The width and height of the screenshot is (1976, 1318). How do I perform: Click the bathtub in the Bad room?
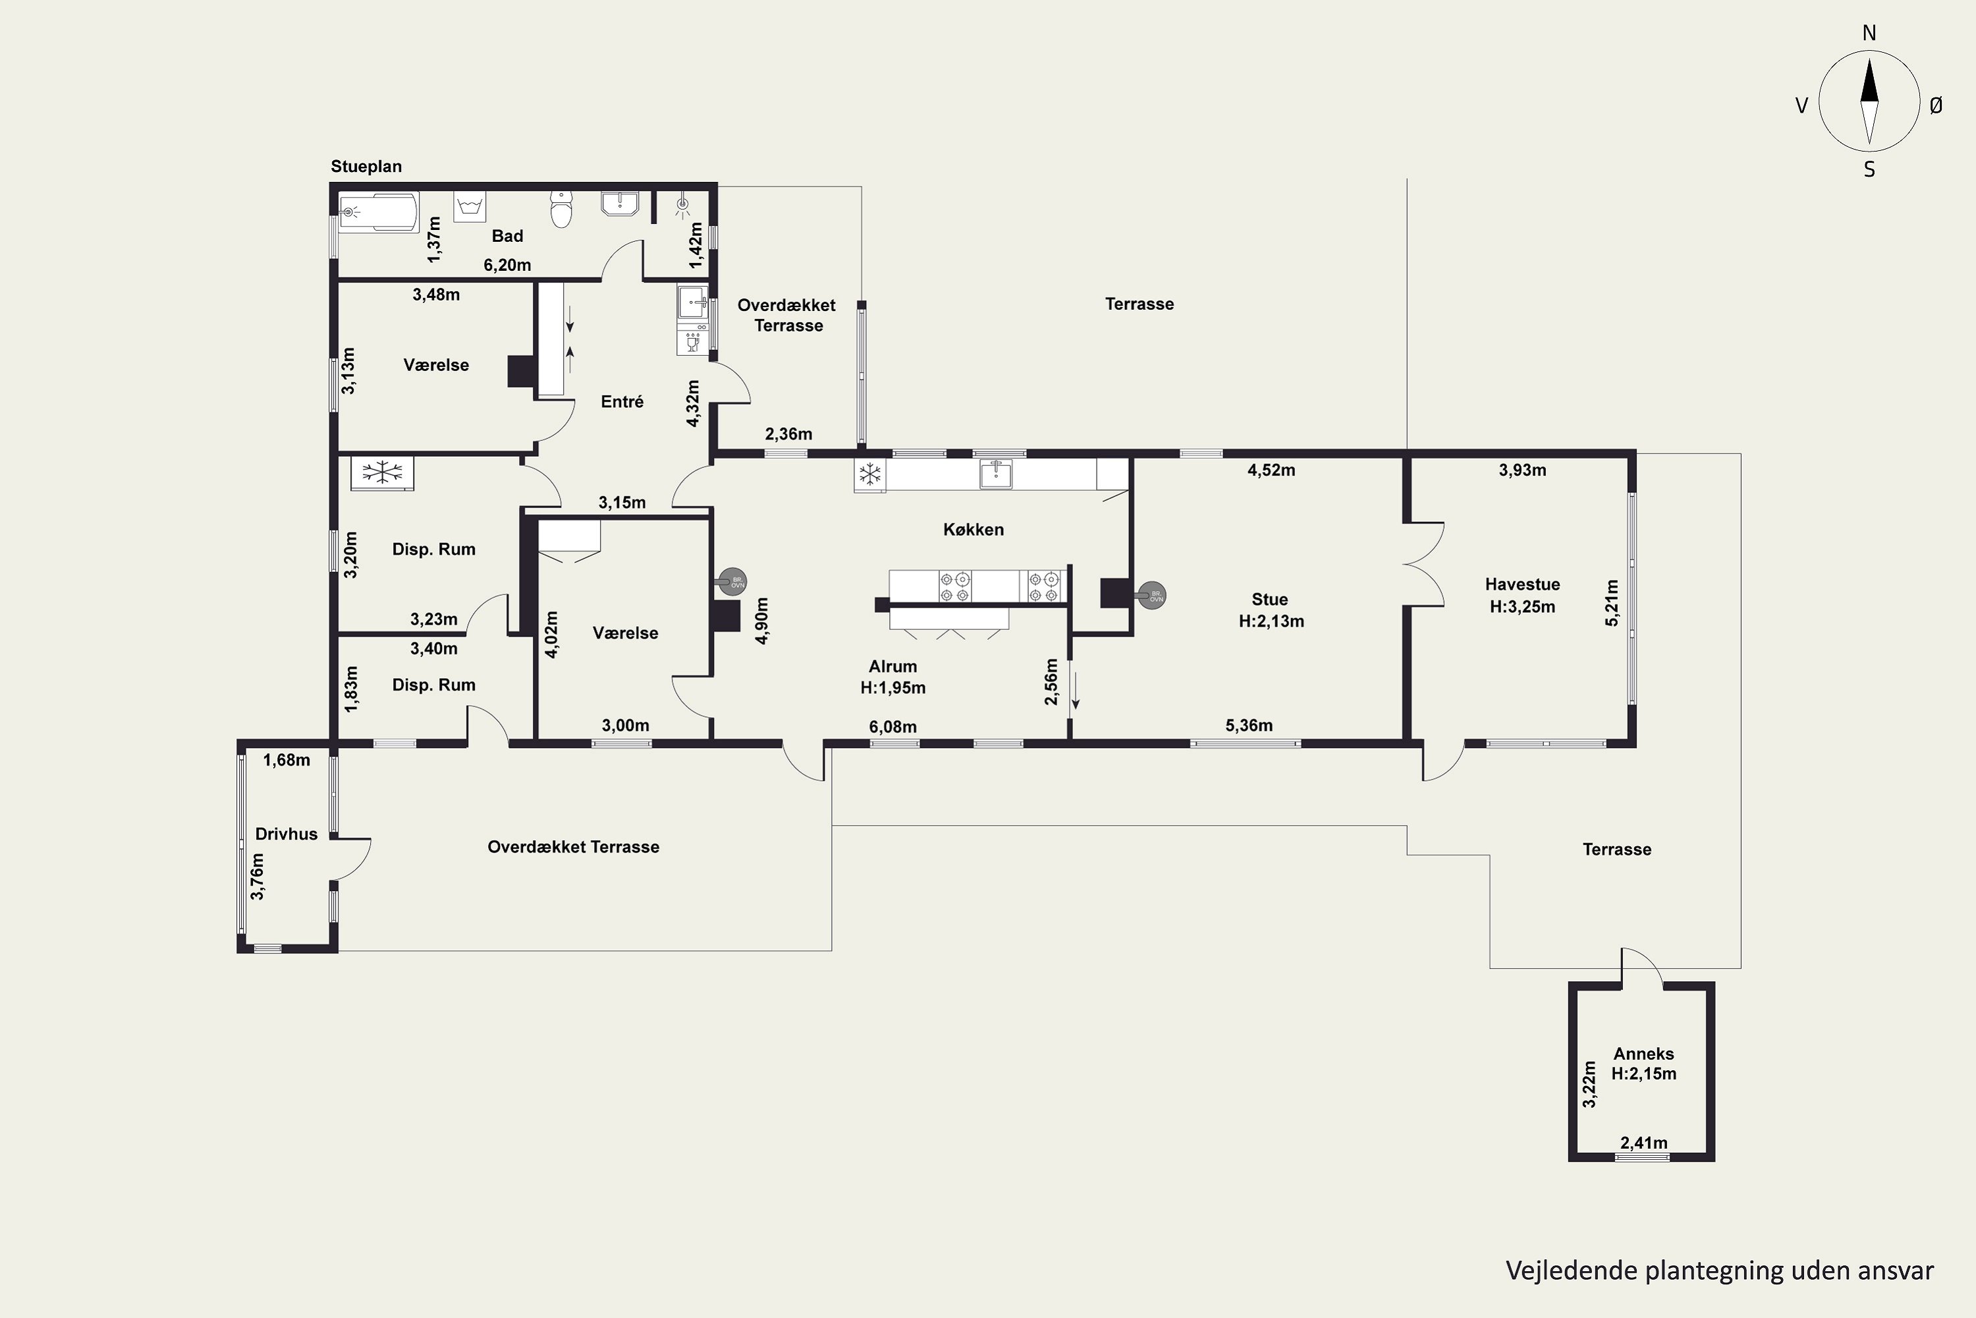[379, 212]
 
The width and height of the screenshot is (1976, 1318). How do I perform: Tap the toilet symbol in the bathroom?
[561, 208]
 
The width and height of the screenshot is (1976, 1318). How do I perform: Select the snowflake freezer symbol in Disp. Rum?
[382, 473]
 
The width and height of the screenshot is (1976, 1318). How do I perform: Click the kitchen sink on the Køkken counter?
[995, 474]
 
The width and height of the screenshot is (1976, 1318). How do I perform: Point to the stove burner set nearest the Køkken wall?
[1046, 587]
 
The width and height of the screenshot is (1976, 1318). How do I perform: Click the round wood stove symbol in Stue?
[1152, 596]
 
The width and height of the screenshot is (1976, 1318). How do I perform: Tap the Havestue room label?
[1522, 584]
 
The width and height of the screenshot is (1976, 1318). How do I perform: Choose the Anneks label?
[1643, 1053]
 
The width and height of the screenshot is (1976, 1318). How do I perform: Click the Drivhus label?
[287, 834]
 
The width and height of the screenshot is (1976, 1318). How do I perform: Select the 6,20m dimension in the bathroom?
[507, 265]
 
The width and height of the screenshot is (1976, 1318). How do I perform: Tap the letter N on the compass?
[1869, 33]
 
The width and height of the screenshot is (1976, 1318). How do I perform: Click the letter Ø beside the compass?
[1936, 105]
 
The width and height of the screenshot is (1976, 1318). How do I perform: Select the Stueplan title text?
[366, 167]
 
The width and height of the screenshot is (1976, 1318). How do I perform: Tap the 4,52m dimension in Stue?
[1271, 470]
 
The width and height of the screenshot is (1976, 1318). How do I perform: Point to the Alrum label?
[893, 666]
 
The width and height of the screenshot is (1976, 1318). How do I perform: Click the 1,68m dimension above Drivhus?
[287, 760]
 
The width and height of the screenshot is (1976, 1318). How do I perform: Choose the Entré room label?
[622, 402]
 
